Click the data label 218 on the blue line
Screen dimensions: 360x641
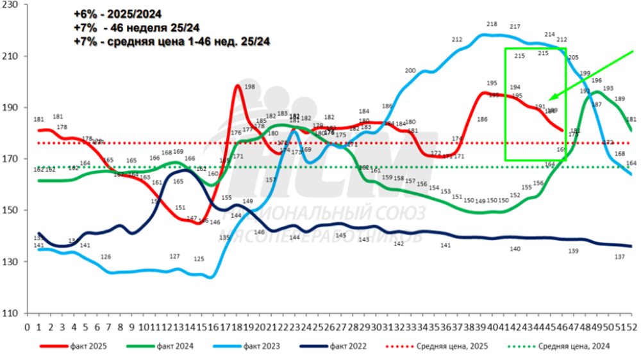click(492, 24)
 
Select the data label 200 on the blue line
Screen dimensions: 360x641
click(411, 70)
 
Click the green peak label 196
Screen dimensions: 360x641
click(596, 81)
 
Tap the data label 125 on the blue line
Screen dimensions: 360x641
click(199, 259)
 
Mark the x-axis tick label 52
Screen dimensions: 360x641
click(630, 326)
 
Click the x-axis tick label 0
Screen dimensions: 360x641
click(27, 326)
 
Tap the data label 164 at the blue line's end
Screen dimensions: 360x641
click(631, 164)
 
